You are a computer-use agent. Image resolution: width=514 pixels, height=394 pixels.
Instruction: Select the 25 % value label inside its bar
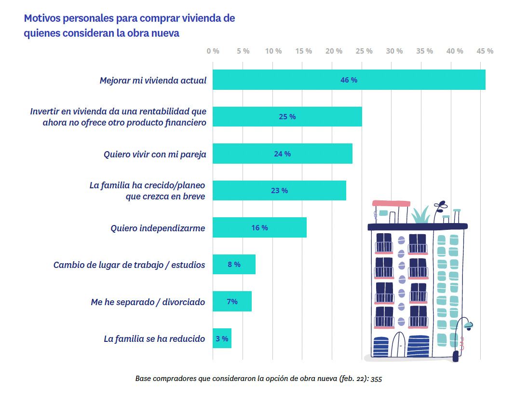[287, 117]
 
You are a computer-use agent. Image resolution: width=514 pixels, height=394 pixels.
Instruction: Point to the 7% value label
[232, 302]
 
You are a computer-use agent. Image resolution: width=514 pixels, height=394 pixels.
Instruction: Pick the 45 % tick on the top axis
[485, 51]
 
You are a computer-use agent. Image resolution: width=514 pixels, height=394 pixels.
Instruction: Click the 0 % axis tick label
[213, 51]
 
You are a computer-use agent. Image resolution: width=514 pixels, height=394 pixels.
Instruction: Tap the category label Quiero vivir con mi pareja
[155, 155]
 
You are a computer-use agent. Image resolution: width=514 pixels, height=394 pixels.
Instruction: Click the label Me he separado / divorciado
[148, 302]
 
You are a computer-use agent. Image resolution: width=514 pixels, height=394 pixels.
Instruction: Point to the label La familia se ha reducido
[154, 339]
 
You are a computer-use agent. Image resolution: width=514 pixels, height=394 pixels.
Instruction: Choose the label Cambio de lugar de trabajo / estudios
[129, 265]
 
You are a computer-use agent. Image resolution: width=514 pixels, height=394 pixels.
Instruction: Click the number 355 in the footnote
[377, 379]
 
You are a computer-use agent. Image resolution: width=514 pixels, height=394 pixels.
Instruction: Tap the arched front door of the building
[399, 345]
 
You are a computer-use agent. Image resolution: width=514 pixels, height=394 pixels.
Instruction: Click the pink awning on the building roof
[390, 203]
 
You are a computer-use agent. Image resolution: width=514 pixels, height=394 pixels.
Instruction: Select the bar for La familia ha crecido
[279, 191]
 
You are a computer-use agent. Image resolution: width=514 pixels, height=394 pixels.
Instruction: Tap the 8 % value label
[234, 265]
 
